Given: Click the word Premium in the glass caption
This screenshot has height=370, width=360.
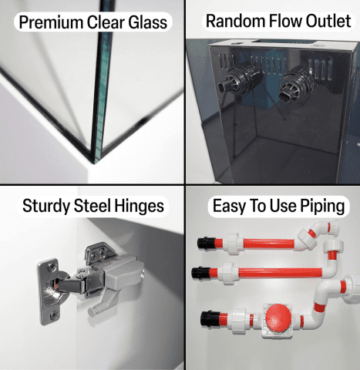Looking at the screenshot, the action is point(52,22).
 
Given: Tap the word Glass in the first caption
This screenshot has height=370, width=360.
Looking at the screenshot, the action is point(148,22).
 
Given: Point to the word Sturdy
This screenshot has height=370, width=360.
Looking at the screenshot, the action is point(46,207).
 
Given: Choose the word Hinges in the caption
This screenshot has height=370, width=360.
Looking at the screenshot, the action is point(139,207).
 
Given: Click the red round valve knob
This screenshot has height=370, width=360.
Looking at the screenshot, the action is point(278,318).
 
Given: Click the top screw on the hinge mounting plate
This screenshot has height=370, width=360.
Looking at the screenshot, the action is point(52,267).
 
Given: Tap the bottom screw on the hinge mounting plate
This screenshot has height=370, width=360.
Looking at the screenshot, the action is point(53,314).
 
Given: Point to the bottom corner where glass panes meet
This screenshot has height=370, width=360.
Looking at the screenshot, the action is point(94,162).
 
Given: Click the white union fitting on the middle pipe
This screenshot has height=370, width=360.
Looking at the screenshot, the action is point(228,273).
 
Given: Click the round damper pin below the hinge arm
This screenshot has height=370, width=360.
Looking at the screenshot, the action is point(92,311).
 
